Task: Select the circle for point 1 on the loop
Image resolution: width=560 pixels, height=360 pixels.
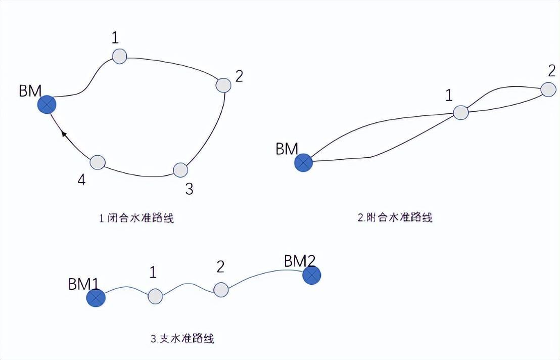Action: [119, 56]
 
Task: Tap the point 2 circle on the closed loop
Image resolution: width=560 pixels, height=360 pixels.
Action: [223, 85]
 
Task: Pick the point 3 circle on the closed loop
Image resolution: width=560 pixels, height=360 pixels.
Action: [180, 170]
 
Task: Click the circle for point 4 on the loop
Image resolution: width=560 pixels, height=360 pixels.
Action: [98, 162]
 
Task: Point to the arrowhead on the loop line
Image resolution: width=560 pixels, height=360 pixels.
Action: [64, 133]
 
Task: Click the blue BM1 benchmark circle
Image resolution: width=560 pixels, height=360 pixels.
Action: [96, 298]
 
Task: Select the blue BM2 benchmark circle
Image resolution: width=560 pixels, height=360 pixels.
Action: [312, 276]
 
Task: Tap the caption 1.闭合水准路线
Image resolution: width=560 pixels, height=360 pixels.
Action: [136, 218]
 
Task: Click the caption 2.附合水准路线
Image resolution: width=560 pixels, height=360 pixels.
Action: [395, 217]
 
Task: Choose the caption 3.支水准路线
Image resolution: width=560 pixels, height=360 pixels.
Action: [182, 338]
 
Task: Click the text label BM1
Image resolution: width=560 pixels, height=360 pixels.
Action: [82, 284]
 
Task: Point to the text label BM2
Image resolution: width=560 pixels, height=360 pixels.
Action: [300, 261]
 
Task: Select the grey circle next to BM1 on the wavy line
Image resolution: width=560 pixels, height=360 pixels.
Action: [155, 296]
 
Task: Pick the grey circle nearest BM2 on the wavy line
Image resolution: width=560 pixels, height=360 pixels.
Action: [221, 289]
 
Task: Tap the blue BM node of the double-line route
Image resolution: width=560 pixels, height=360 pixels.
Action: [303, 162]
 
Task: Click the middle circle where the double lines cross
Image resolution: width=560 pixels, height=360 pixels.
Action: [460, 112]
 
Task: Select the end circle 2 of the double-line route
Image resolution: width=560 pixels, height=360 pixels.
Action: [548, 89]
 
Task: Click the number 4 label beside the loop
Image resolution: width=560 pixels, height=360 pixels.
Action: [81, 179]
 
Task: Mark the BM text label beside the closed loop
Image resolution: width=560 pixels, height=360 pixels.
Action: [31, 91]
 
